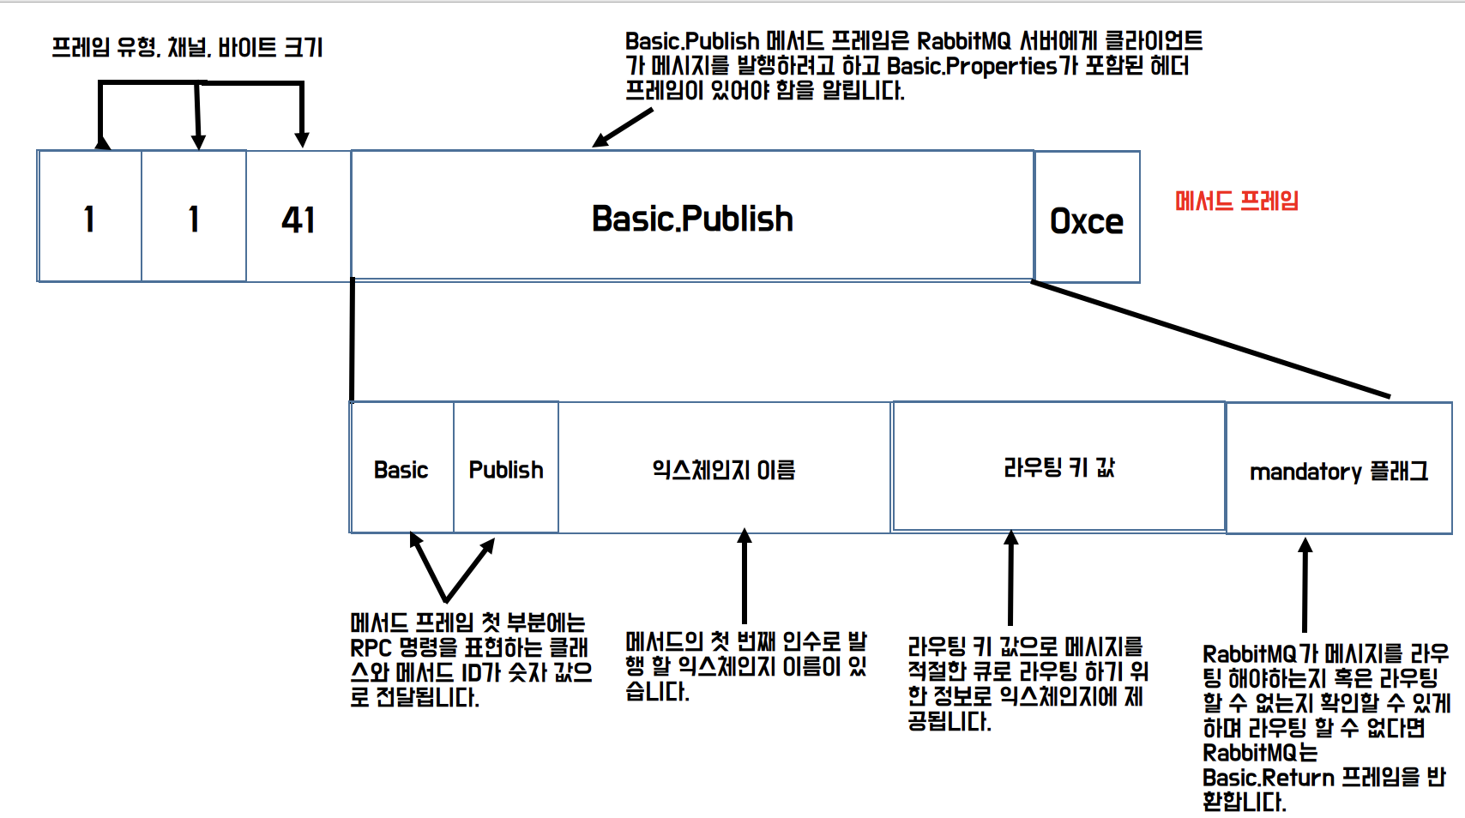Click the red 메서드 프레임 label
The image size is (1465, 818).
1236,201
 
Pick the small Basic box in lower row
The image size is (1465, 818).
401,469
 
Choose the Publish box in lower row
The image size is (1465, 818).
506,469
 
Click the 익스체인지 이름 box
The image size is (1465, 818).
724,469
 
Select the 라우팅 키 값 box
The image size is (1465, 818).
1058,467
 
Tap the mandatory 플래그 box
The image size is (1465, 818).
1338,471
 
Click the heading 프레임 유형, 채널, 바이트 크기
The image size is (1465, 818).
187,47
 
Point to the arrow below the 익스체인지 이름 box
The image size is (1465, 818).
745,574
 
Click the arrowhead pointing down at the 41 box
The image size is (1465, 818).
301,138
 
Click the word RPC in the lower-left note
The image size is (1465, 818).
371,647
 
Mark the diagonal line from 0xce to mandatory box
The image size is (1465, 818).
1209,340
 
